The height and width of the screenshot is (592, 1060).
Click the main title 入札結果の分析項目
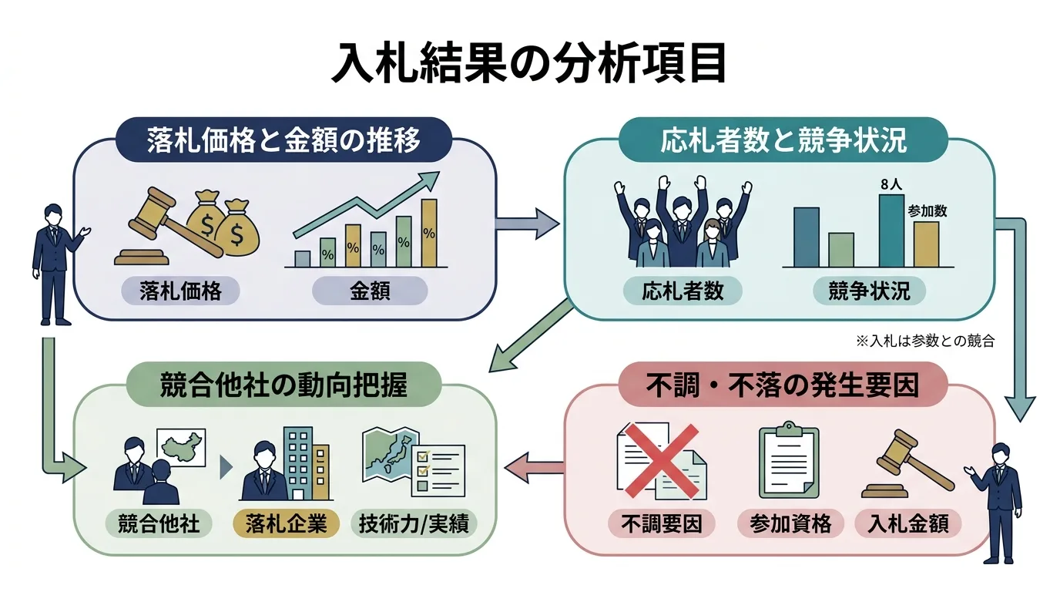pyautogui.click(x=529, y=63)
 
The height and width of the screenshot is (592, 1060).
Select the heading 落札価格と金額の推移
pyautogui.click(x=283, y=140)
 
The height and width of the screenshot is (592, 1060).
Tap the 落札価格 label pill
pyautogui.click(x=180, y=291)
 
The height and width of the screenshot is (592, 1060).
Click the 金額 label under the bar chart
pyautogui.click(x=370, y=291)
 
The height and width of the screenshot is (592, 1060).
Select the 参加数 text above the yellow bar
pyautogui.click(x=927, y=210)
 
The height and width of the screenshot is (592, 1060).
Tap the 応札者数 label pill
pyautogui.click(x=683, y=291)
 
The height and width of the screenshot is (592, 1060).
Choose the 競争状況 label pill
pyautogui.click(x=869, y=291)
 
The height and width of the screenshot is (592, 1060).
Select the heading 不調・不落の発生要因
pyautogui.click(x=782, y=385)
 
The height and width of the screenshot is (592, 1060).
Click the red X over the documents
pyautogui.click(x=662, y=460)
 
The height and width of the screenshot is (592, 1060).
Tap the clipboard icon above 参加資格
pyautogui.click(x=788, y=459)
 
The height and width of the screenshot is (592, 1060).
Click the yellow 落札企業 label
pyautogui.click(x=286, y=524)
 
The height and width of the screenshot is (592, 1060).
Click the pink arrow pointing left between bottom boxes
pyautogui.click(x=534, y=467)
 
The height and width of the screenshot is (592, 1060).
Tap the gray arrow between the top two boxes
pyautogui.click(x=527, y=224)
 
